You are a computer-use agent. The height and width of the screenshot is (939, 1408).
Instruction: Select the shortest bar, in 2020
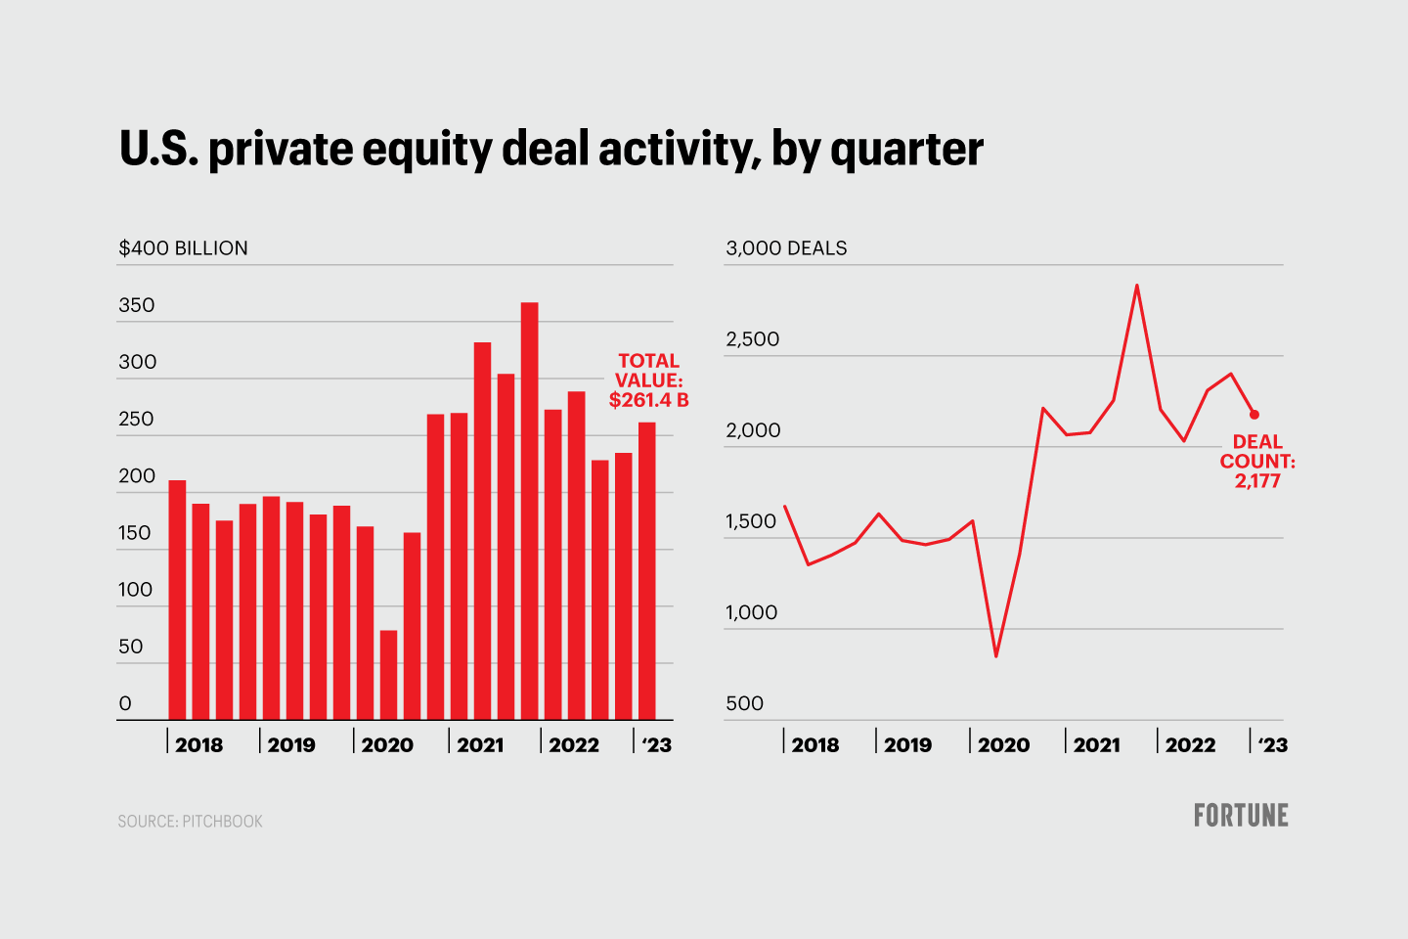tap(388, 675)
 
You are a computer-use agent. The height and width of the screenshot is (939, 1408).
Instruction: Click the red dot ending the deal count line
tap(1254, 415)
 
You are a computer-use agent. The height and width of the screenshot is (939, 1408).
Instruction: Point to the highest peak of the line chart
tap(1136, 286)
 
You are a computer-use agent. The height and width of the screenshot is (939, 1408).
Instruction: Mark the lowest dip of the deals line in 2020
tap(995, 655)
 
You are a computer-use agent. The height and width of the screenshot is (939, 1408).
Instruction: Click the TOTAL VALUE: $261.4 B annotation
tap(648, 380)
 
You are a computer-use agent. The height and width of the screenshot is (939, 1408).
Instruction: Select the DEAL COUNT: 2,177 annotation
tap(1256, 462)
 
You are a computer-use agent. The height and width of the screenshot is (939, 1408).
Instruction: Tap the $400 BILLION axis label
tap(183, 248)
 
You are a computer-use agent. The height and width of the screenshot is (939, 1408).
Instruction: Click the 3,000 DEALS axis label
tap(786, 248)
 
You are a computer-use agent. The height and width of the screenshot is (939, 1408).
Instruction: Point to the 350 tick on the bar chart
tap(137, 305)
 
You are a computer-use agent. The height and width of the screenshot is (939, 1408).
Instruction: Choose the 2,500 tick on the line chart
tap(752, 339)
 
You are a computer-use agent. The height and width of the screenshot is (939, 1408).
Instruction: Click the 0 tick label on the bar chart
tap(125, 704)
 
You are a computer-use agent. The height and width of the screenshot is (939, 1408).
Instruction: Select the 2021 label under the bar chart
tap(480, 745)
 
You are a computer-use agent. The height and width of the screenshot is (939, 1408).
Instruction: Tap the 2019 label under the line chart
tap(907, 745)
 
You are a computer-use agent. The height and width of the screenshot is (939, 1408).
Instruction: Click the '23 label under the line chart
tap(1272, 745)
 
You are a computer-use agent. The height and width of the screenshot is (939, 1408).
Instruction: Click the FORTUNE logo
tap(1241, 816)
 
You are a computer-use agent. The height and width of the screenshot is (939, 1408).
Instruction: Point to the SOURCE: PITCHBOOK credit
tap(191, 822)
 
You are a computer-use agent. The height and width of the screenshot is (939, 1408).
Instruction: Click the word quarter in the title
tap(906, 150)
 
